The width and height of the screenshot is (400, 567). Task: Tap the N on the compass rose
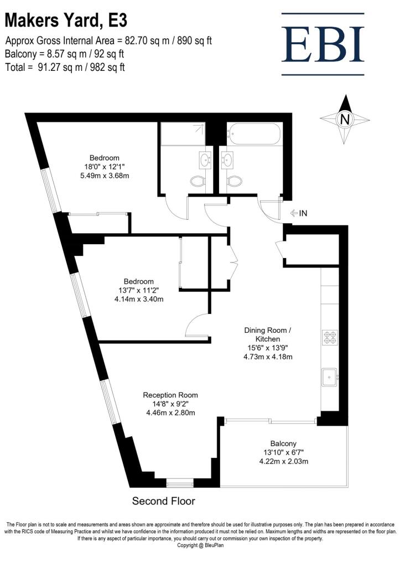345,119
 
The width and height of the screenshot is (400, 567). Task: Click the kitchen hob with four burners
330,338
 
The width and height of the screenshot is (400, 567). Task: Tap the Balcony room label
284,444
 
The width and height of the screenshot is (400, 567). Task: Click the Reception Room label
170,395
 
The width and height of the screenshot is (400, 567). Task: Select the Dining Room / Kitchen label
268,334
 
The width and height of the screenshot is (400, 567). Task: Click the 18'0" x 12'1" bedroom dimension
105,167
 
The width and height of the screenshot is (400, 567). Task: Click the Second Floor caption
163,502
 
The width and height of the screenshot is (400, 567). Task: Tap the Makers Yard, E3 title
66,20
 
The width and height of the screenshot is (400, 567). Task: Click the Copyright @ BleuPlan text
200,545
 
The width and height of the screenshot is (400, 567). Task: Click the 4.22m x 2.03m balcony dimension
283,461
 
